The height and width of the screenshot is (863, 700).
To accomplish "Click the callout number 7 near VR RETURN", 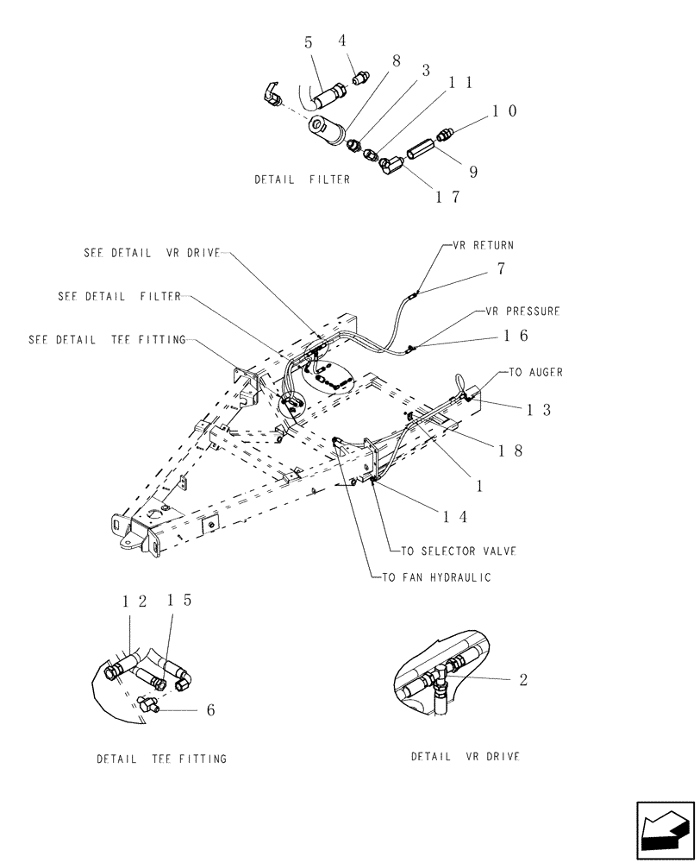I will pos(501,269).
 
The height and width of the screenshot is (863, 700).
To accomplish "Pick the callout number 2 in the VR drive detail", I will pos(522,680).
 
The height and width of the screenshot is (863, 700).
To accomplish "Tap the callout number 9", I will pos(473,171).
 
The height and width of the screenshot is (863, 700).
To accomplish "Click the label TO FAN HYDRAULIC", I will pos(436,577).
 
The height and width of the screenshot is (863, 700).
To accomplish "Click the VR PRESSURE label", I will pos(522,310).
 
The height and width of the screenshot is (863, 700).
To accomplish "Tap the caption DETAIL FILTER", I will pos(302,180).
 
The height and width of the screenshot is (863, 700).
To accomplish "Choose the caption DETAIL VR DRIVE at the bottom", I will pos(466,757).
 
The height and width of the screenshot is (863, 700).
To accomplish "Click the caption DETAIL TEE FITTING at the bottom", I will pos(161,759).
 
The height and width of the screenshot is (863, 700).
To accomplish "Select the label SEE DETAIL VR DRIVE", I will pos(152,253).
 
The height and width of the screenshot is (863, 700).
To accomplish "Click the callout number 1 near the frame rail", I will pos(479,486).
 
